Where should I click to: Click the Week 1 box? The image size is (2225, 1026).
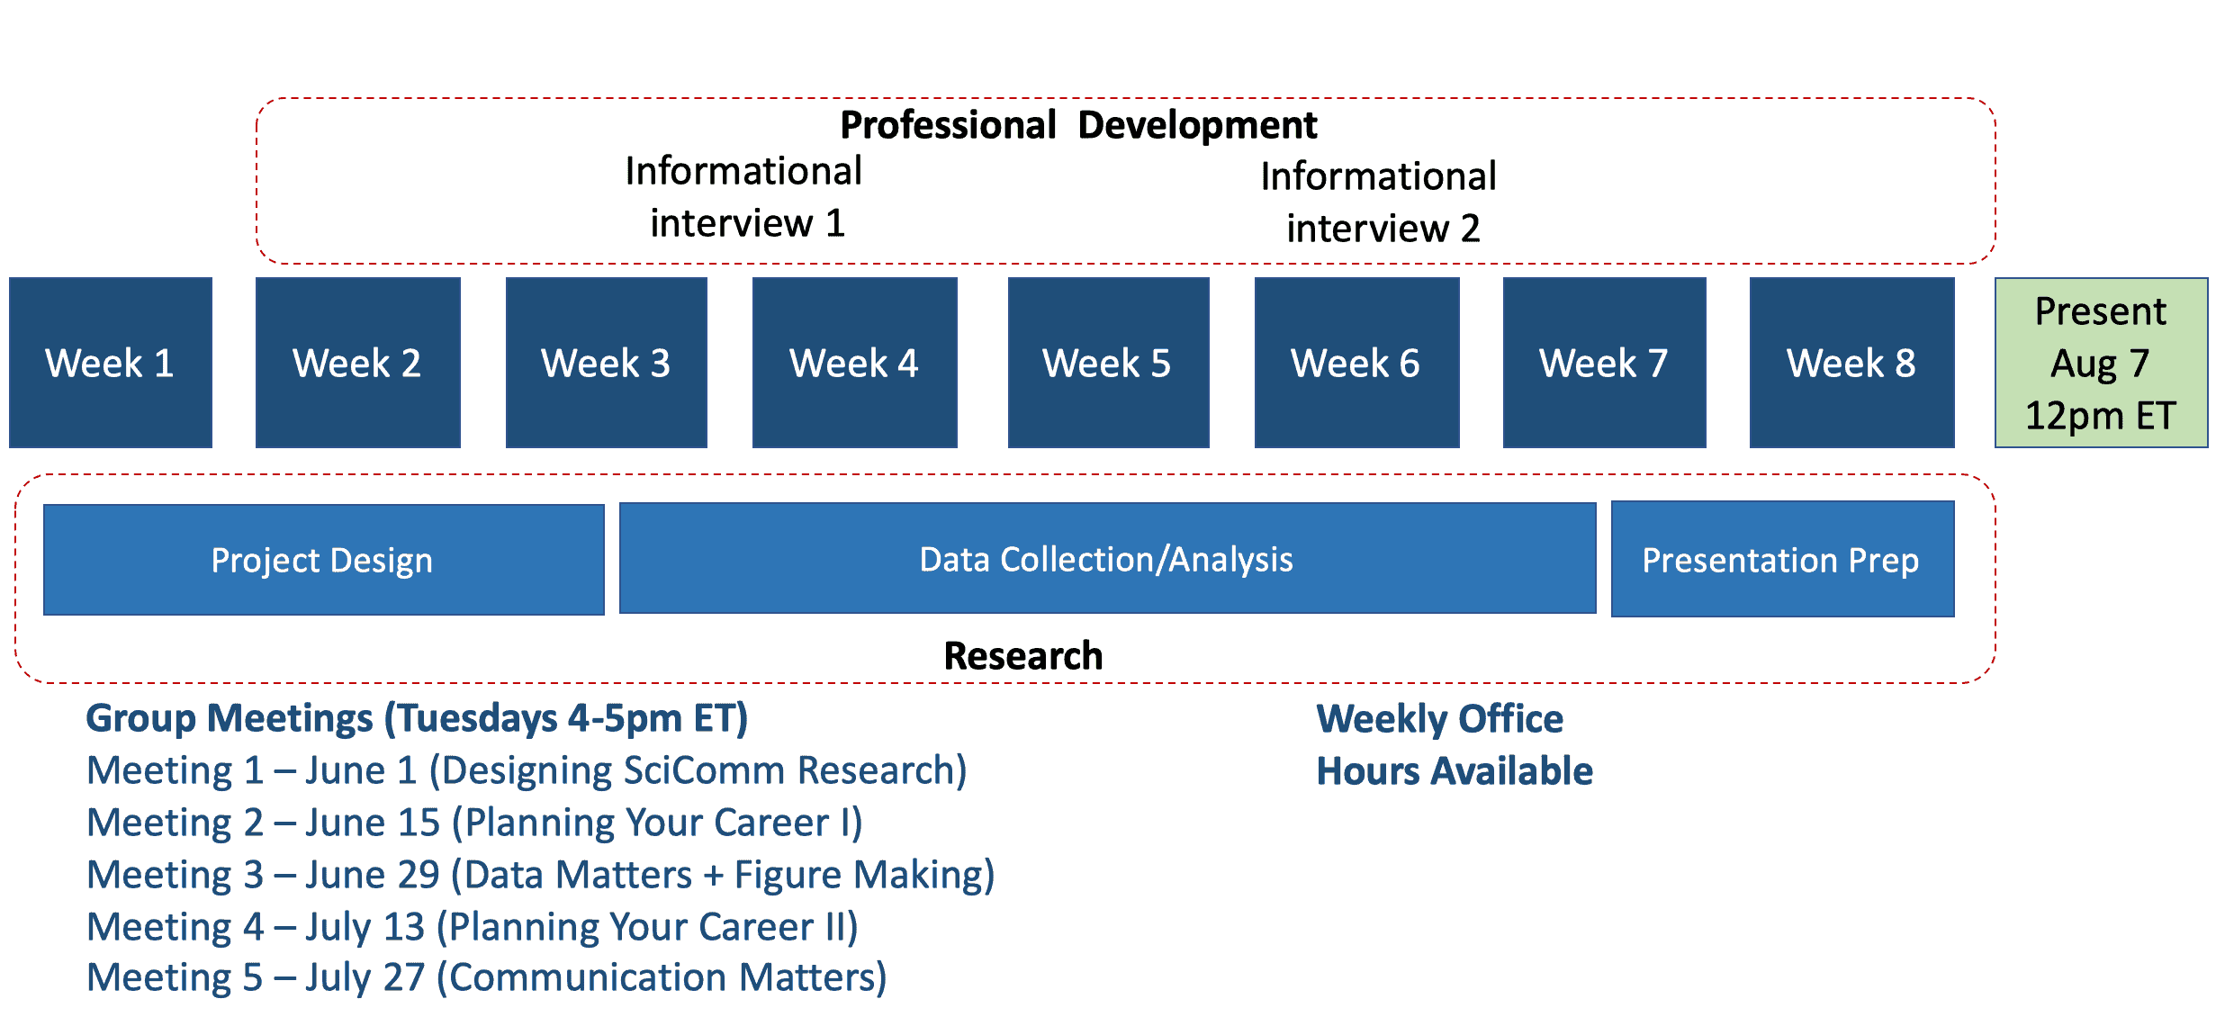(111, 363)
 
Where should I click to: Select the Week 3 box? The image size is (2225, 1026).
(607, 363)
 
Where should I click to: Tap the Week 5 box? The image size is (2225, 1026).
(1109, 363)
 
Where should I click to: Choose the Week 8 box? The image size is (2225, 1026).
(1852, 363)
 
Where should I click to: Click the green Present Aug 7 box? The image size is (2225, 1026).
(2102, 363)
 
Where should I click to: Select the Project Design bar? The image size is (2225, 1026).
(324, 560)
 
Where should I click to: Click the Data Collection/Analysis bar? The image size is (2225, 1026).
(1108, 558)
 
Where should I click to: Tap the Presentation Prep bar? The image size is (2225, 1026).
(1783, 559)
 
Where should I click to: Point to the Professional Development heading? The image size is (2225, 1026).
(1078, 125)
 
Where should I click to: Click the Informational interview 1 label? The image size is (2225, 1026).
(744, 197)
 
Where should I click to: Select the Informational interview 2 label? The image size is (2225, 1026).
(1379, 202)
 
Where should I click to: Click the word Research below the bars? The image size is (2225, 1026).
(1023, 655)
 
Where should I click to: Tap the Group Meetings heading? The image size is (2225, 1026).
(417, 719)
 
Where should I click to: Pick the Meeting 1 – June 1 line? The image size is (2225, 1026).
(527, 771)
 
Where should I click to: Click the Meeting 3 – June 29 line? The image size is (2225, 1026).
(541, 876)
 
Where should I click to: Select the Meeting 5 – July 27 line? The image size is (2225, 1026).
(487, 978)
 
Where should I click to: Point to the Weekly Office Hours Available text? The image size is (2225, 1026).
(1455, 745)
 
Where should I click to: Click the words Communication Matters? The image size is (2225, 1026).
(662, 978)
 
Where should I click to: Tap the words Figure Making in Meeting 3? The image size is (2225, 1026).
(864, 876)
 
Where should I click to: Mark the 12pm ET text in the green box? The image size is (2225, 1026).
(2101, 416)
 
